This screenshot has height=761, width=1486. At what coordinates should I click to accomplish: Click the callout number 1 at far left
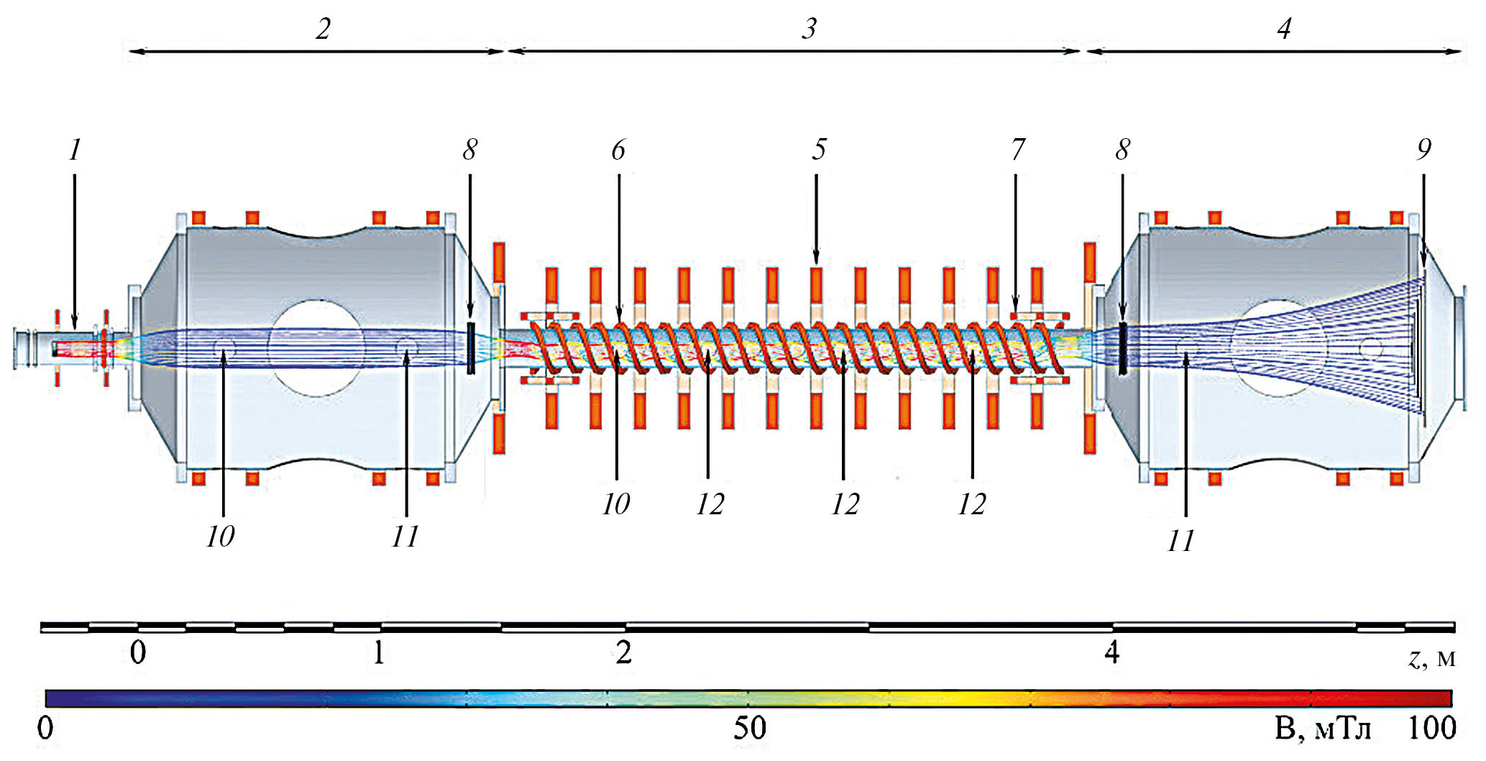point(75,150)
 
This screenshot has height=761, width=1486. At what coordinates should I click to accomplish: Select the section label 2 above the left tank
point(324,28)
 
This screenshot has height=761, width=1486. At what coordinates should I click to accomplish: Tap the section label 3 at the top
point(809,28)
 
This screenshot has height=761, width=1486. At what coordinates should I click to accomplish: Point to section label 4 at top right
point(1284,28)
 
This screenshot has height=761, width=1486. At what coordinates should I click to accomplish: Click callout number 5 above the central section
point(820,149)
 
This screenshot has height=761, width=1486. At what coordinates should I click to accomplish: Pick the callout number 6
point(618,149)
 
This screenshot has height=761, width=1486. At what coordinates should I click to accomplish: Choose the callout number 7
point(1018,149)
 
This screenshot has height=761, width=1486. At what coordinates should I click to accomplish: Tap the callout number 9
point(1423,149)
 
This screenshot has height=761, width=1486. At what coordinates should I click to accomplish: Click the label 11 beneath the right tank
point(1181,540)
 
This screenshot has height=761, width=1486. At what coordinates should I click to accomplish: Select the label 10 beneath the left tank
point(220,536)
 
